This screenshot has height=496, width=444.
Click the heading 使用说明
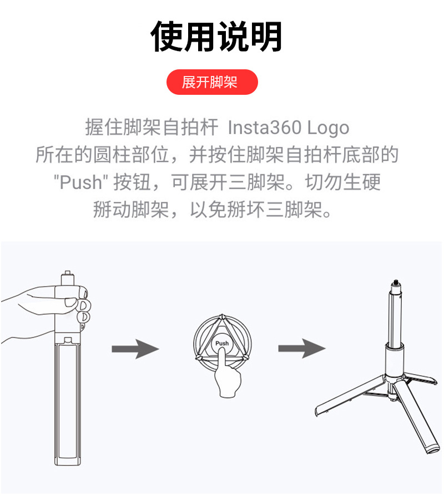[216, 37]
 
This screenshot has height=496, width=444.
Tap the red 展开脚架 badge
[212, 83]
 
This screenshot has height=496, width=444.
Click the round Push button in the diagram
[221, 344]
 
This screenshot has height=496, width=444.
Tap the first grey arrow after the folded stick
[135, 349]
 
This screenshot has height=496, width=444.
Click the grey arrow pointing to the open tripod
[301, 349]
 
